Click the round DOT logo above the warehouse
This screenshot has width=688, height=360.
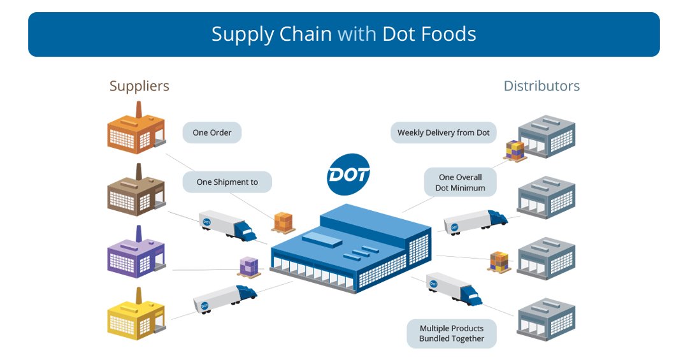(x=348, y=174)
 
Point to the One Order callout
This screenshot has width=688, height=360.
(x=212, y=133)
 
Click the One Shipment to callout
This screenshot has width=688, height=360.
(x=227, y=182)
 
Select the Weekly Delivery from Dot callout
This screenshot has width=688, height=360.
(x=443, y=133)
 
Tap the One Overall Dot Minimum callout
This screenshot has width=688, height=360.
(x=460, y=182)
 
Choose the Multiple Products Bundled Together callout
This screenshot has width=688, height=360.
(x=451, y=333)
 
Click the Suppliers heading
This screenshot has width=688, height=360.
(x=139, y=86)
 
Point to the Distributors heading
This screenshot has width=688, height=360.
(x=541, y=86)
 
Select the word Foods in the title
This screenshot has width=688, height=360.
(x=447, y=34)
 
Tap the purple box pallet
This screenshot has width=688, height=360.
(x=249, y=266)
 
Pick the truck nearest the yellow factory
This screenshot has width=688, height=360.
(x=225, y=298)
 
